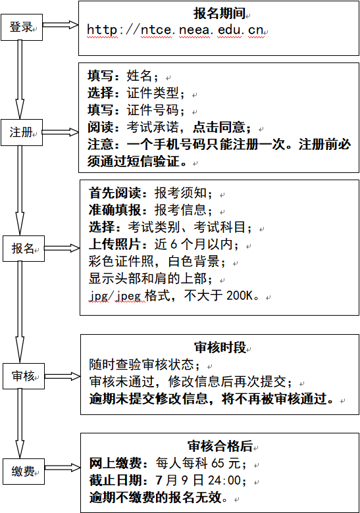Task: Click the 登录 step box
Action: coord(22,27)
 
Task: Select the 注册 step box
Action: coord(22,132)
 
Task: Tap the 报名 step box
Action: coord(24,249)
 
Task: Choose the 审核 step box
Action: coord(24,376)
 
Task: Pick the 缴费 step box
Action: coord(24,472)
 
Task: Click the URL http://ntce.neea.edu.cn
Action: coord(175,30)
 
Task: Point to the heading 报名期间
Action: coord(219,13)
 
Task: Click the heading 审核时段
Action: coord(220,347)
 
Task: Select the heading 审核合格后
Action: coord(220,446)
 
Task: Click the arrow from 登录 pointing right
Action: coord(61,25)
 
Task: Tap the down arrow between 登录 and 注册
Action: coord(20,80)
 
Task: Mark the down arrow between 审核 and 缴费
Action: coord(20,424)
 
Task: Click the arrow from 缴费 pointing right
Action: coord(63,468)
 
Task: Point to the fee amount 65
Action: coord(218,463)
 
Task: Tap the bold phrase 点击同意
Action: coord(219,128)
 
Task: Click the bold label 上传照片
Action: coord(115,245)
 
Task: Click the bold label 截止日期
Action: coord(115,480)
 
